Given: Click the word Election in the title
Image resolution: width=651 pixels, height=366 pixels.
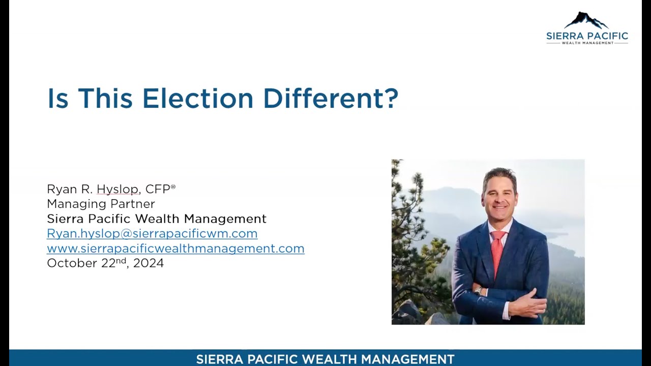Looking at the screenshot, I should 198,98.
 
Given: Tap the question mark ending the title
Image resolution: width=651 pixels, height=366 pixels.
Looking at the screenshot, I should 392,98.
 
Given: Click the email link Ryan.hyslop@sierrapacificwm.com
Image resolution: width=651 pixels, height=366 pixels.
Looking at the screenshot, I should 152,233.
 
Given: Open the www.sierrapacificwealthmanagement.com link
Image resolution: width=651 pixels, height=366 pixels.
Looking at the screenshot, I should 175,249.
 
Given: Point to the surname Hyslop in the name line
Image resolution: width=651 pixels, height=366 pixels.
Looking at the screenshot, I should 117,189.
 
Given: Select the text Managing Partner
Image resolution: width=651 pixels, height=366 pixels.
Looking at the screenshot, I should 101,204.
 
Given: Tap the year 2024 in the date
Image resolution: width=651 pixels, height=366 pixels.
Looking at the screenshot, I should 149,263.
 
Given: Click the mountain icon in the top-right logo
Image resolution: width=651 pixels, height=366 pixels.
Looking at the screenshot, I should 586,20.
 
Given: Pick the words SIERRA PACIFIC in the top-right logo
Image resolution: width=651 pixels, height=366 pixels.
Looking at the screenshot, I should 587,36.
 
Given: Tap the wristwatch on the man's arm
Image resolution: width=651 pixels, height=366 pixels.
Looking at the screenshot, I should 479,291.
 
